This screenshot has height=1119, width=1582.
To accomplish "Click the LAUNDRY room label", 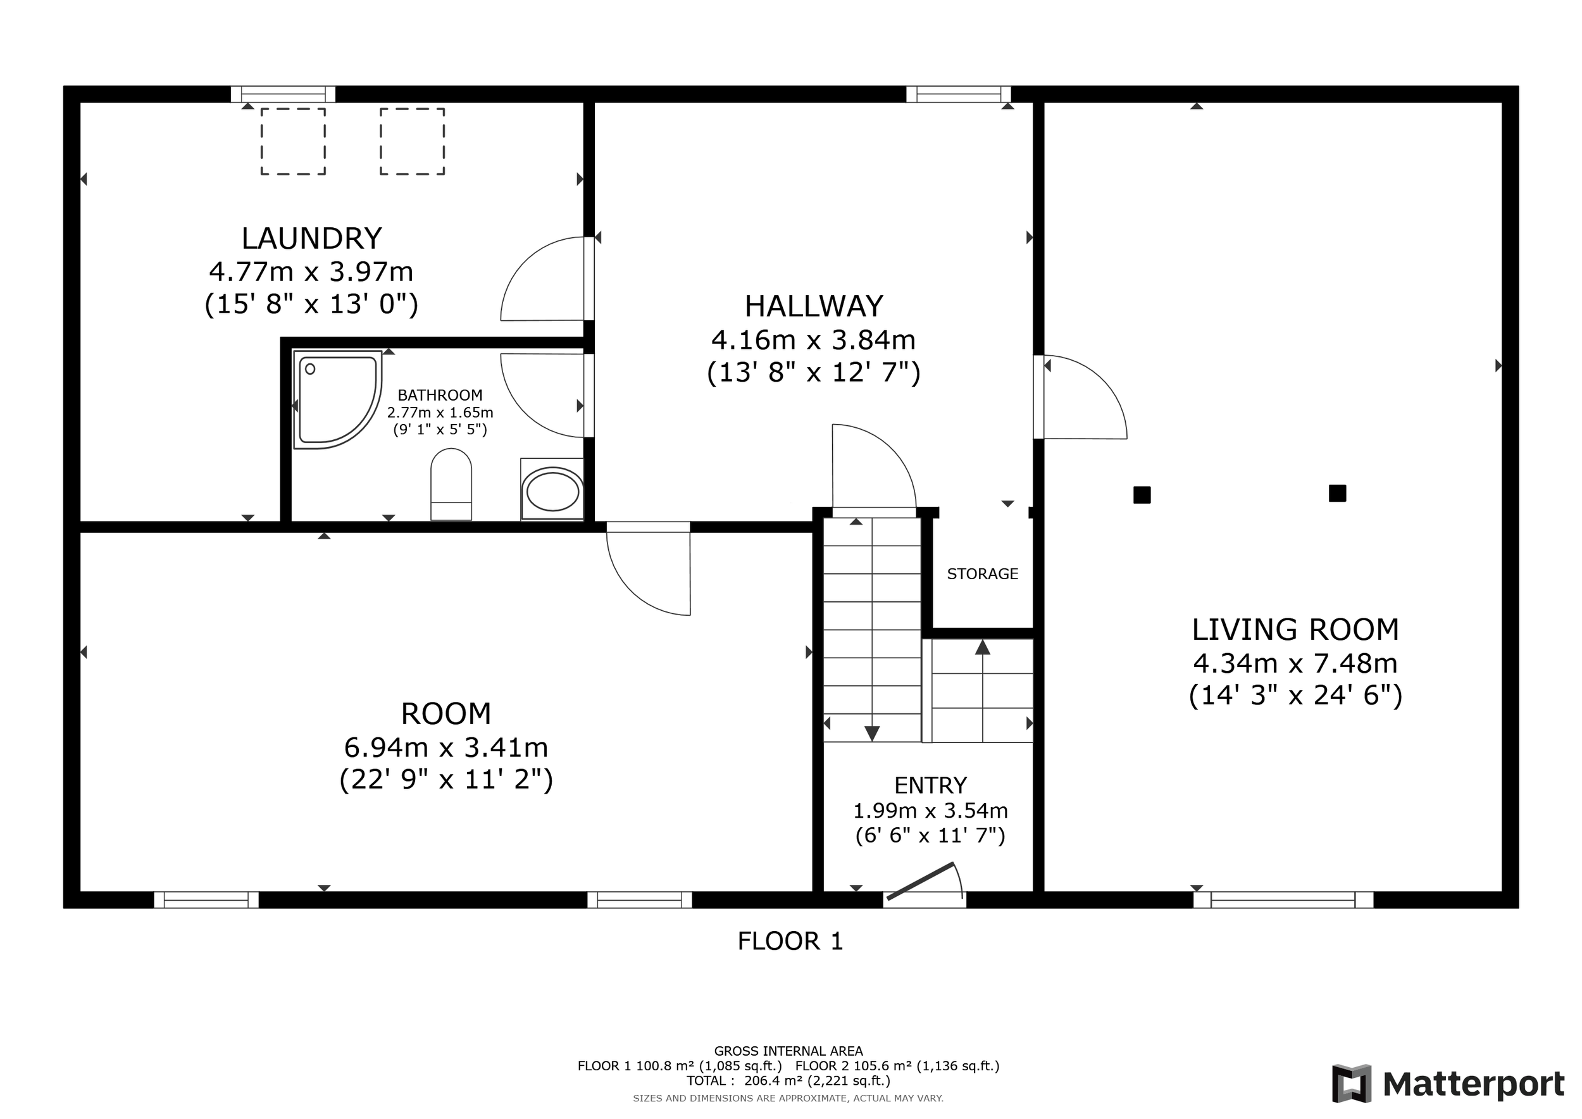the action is click(x=311, y=239).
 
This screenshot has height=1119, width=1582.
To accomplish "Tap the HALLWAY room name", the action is click(x=814, y=306).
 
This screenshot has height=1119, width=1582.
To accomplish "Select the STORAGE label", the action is click(x=983, y=574).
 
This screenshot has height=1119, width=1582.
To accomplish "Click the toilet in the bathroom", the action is click(x=451, y=484).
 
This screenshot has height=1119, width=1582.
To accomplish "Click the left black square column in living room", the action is click(x=1142, y=495).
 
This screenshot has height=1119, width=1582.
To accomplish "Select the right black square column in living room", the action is click(x=1337, y=493).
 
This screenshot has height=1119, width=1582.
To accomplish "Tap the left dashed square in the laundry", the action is click(x=293, y=141).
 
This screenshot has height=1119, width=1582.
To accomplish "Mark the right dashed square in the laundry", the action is click(x=412, y=141).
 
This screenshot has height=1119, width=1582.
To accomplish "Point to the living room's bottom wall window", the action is click(x=1283, y=900).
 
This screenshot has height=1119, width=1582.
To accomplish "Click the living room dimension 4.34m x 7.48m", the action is click(x=1295, y=663).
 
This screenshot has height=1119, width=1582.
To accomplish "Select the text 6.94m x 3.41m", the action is click(x=445, y=747).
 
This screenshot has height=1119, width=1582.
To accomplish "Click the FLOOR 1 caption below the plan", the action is click(x=790, y=941).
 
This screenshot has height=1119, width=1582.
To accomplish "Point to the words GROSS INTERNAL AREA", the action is click(x=788, y=1051).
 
